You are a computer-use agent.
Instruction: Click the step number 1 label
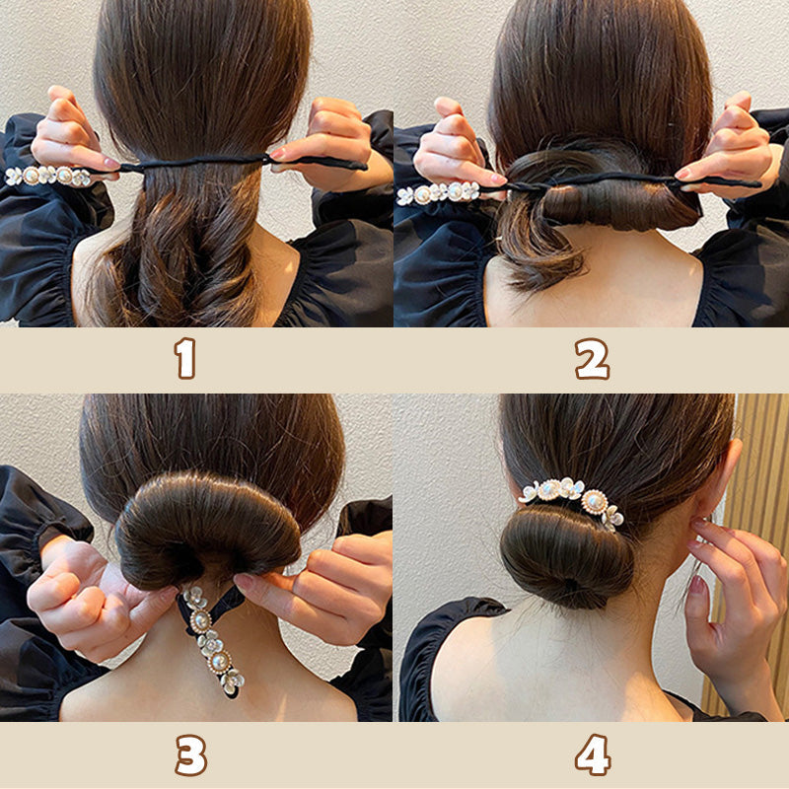185,358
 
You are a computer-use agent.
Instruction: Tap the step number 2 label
593,358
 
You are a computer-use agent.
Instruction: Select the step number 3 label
190,754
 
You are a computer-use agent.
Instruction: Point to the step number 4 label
594,754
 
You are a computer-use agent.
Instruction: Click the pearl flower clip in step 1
48,176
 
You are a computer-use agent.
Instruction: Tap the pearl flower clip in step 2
438,193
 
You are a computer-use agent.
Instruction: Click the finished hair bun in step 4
566,556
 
